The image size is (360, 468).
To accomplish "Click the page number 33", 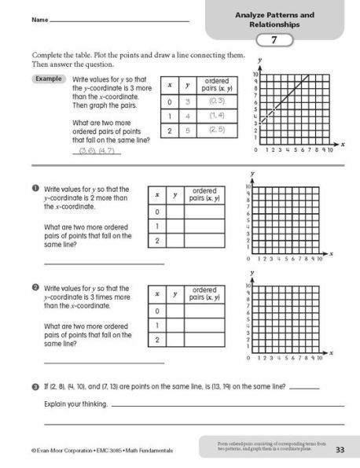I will click(340, 450).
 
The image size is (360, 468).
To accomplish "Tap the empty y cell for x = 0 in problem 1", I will click(176, 212).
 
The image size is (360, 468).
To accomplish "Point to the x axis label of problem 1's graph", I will click(331, 252).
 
